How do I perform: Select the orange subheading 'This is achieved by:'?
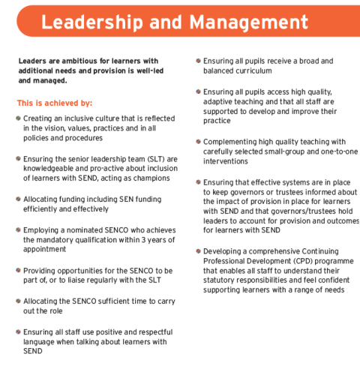[x=54, y=103]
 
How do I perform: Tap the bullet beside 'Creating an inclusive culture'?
[x=18, y=118]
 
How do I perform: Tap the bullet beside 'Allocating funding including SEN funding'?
[x=18, y=199]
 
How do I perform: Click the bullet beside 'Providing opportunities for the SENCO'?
[x=18, y=270]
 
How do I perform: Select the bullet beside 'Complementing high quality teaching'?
[x=197, y=141]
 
